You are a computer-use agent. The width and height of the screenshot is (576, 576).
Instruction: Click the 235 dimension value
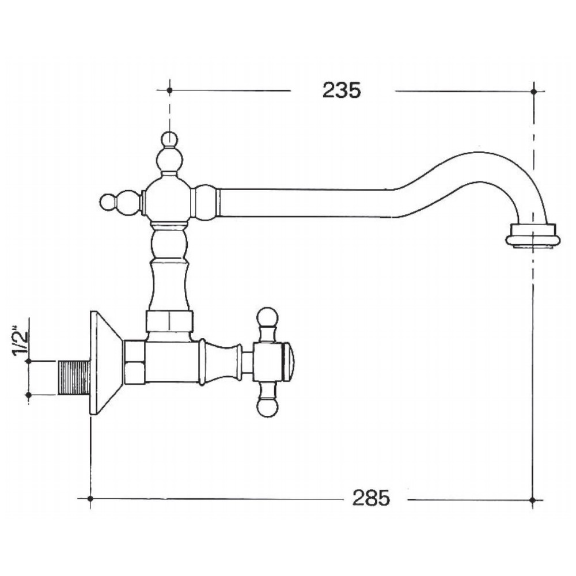click(342, 90)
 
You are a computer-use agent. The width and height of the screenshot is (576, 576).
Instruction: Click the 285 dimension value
click(372, 498)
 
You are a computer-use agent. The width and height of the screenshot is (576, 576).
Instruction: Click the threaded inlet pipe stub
click(74, 378)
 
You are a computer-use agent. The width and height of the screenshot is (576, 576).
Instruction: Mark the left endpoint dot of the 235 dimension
click(169, 90)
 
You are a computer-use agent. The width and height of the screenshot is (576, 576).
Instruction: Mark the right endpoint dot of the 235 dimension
click(534, 90)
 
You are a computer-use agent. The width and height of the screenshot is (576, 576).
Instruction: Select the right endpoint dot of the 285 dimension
click(534, 499)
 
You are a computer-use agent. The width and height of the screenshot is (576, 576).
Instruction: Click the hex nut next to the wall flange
click(134, 362)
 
